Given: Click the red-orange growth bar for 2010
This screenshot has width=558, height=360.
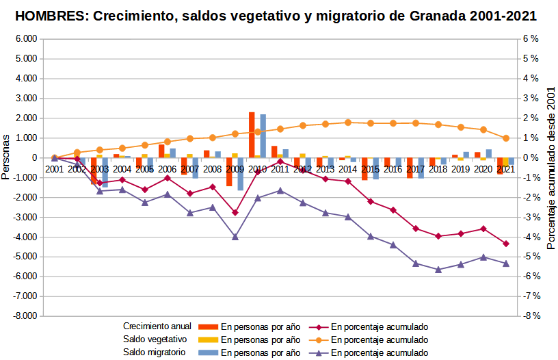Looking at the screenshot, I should (252, 135).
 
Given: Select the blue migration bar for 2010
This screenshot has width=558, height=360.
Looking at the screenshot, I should (263, 136).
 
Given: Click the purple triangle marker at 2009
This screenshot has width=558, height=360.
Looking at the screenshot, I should (235, 237).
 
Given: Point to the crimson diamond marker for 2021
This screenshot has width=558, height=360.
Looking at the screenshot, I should (506, 244).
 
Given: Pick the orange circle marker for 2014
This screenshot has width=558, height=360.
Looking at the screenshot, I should (348, 123).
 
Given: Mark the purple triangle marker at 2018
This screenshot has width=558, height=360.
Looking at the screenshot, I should (438, 270).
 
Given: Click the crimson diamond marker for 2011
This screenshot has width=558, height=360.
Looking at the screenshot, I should (280, 162).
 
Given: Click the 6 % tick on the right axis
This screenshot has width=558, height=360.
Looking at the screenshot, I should (531, 39).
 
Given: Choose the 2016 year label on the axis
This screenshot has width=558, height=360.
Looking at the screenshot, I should (393, 168).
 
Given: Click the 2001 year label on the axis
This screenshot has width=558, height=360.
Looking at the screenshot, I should (54, 168).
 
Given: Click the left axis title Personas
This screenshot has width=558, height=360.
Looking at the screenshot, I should (6, 158).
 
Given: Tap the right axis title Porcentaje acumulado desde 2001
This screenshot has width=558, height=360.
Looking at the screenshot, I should (551, 172).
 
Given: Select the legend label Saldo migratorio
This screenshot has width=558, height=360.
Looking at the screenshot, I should (155, 352).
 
